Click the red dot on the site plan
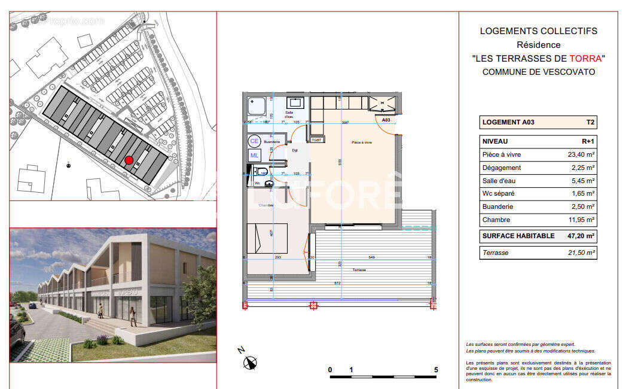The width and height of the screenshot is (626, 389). [129, 160]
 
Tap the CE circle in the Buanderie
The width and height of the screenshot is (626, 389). [254, 142]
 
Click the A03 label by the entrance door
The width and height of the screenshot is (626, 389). [387, 120]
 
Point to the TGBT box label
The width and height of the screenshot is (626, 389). [316, 140]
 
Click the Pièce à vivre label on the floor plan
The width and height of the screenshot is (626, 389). [362, 142]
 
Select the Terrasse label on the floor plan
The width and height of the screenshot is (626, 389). [359, 270]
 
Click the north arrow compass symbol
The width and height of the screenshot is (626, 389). [251, 361]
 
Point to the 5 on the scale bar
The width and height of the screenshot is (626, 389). [436, 370]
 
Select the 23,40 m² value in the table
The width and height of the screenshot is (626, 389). [582, 154]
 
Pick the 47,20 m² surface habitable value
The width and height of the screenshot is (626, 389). [581, 236]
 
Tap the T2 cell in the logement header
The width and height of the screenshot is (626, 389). [590, 122]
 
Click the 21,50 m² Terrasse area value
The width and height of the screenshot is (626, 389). [581, 253]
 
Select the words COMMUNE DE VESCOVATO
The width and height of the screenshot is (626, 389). [538, 72]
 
